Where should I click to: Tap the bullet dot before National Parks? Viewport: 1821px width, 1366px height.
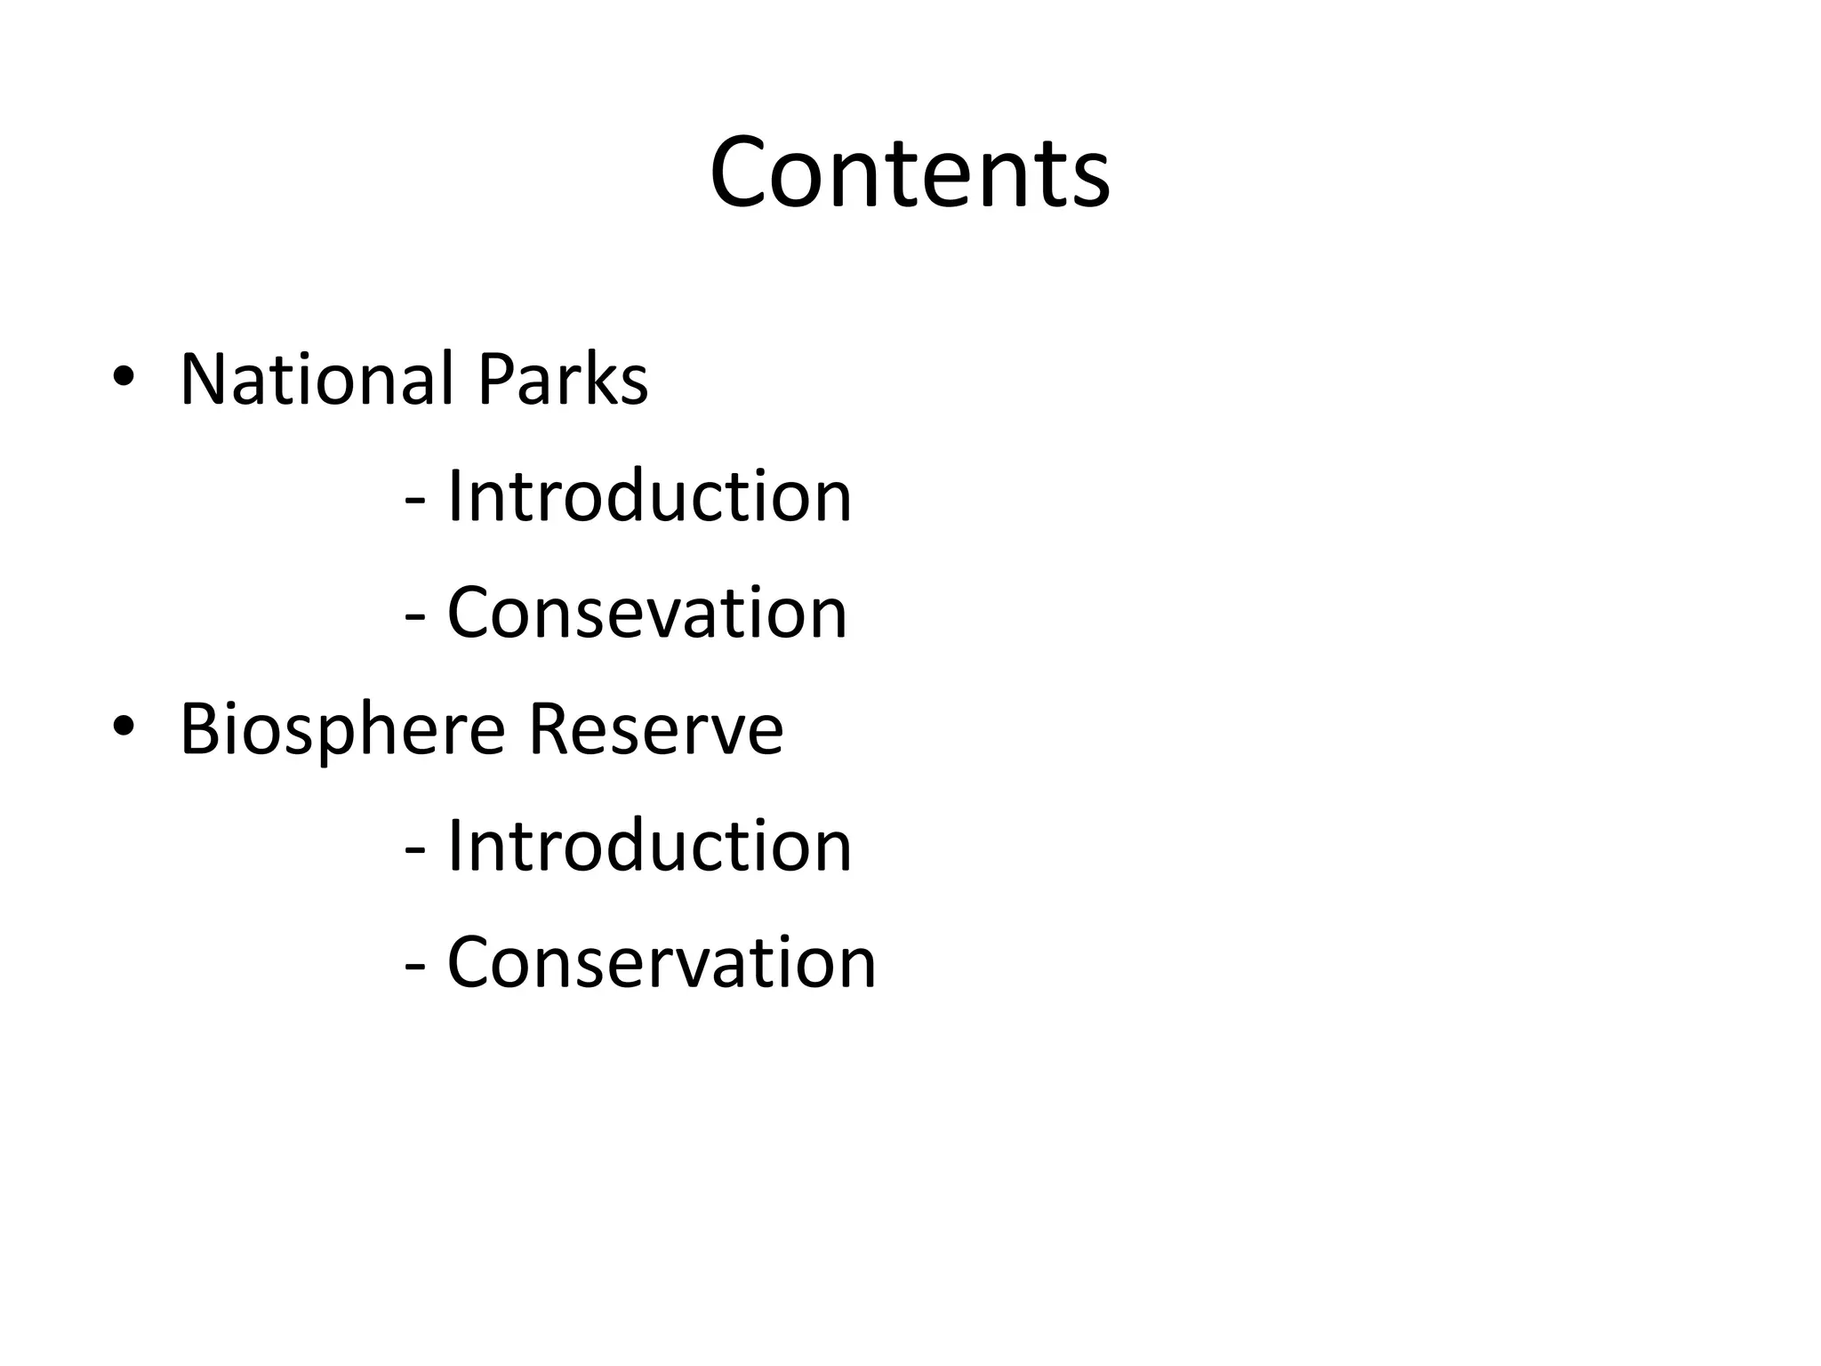click(123, 377)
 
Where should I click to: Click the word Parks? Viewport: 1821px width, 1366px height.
click(563, 380)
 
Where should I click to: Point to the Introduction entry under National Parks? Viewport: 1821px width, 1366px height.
click(649, 496)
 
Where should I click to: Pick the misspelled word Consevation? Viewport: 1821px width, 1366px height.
click(647, 613)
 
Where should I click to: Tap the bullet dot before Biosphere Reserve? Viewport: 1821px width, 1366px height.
click(123, 727)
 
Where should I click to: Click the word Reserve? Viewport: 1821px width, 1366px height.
click(656, 729)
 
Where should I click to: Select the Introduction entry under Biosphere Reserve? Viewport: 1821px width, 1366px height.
click(649, 846)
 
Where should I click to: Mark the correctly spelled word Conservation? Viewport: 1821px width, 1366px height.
click(662, 962)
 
